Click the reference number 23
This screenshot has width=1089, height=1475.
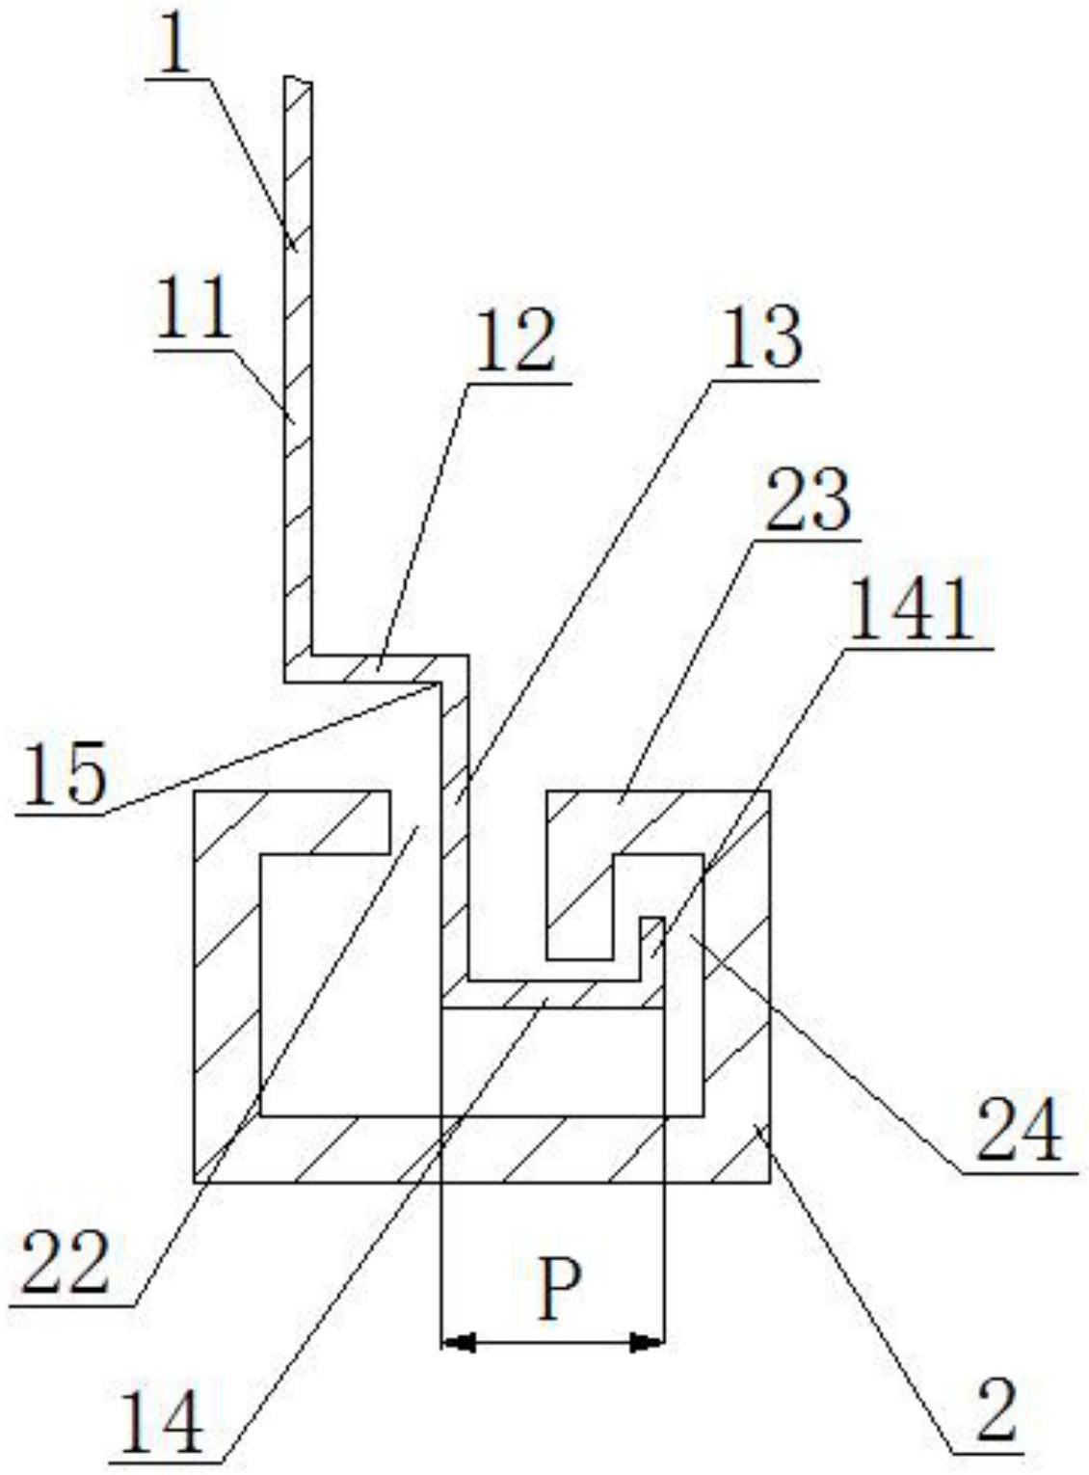point(808,500)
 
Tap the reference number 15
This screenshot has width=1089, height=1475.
point(64,776)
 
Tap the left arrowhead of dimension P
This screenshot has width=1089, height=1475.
point(459,1341)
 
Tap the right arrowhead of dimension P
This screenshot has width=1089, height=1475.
point(647,1341)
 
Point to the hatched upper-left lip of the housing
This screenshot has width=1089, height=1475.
point(318,819)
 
